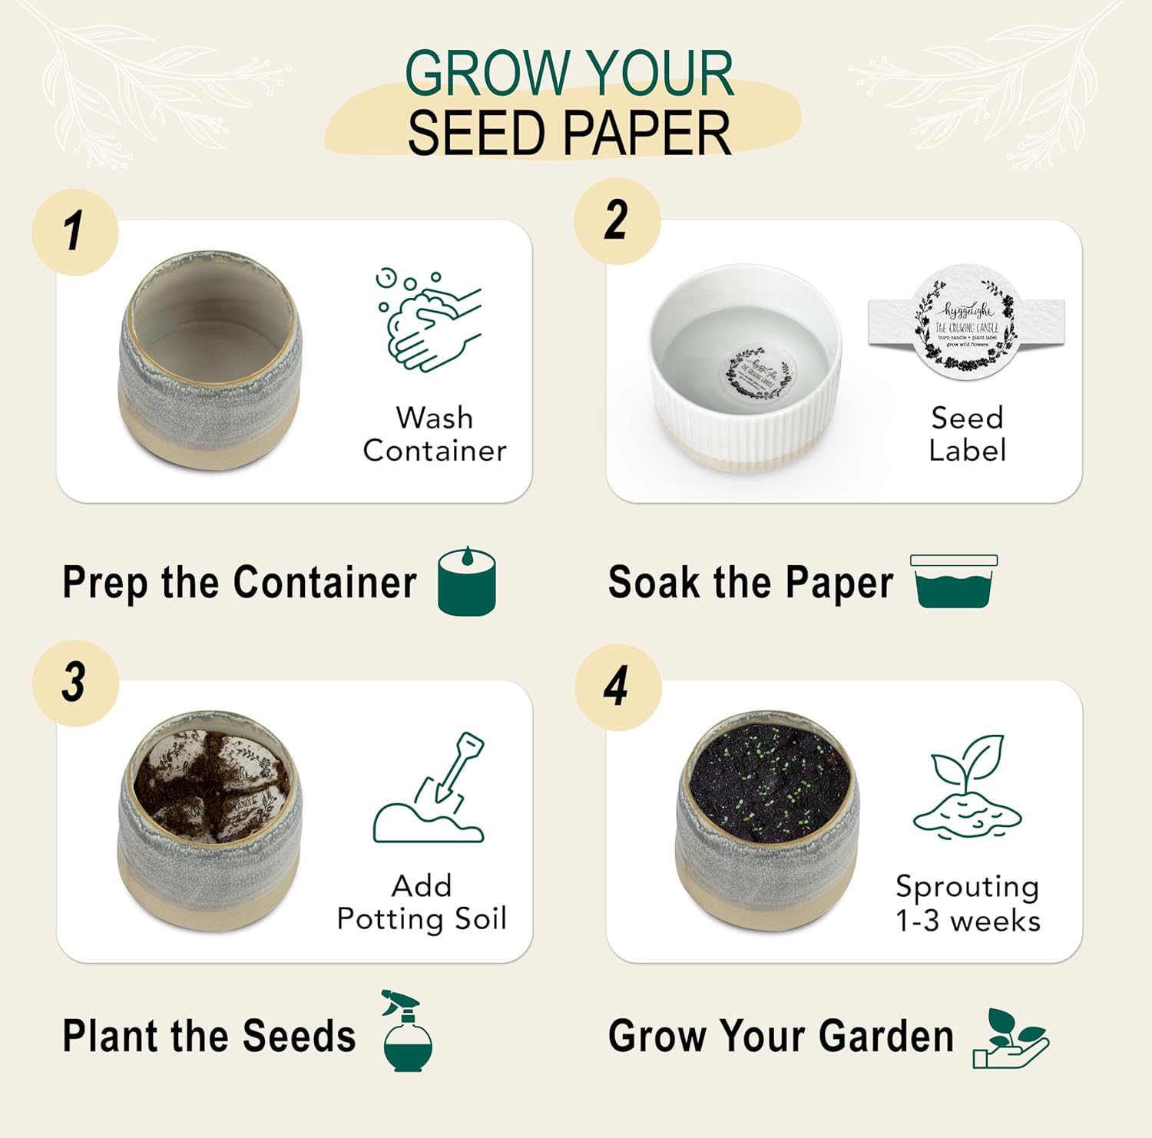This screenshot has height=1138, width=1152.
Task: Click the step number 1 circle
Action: pyautogui.click(x=74, y=232)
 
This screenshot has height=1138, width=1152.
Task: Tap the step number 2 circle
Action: pyautogui.click(x=617, y=221)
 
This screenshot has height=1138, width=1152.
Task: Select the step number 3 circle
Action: pyautogui.click(x=75, y=683)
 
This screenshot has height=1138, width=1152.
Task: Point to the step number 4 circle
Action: pyautogui.click(x=617, y=686)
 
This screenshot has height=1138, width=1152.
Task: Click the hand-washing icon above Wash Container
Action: pyautogui.click(x=429, y=319)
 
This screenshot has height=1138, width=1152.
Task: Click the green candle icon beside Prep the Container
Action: pyautogui.click(x=466, y=581)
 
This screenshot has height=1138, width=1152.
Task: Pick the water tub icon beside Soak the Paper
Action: pyautogui.click(x=954, y=581)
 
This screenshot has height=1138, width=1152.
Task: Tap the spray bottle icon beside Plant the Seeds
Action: pyautogui.click(x=407, y=1031)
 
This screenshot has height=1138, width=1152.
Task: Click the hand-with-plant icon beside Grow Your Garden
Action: pyautogui.click(x=1009, y=1039)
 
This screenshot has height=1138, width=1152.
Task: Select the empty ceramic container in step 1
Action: pyautogui.click(x=210, y=361)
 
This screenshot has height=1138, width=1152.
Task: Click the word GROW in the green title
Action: pyautogui.click(x=485, y=74)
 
